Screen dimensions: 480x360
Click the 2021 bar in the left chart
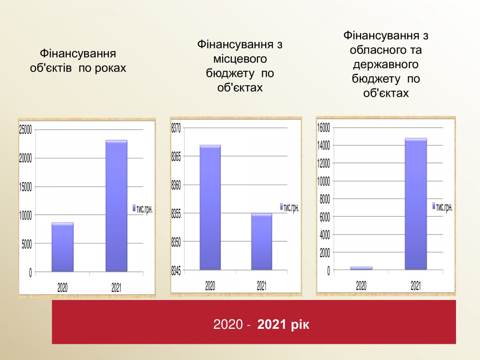tap(116, 206)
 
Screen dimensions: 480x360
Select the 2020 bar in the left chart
tap(62, 247)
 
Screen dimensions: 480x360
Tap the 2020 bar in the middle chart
tap(210, 207)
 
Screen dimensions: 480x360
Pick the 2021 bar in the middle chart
tap(262, 241)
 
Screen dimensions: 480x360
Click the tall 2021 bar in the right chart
tap(416, 204)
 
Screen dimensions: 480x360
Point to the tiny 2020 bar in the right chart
tap(361, 268)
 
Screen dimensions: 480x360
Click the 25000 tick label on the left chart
tap(26, 130)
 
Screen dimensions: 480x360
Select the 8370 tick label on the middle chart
tap(176, 128)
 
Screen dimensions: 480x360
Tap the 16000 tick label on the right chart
tap(324, 128)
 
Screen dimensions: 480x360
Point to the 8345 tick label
tap(176, 271)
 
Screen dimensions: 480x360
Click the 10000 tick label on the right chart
tap(324, 181)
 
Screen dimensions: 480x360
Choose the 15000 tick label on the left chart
tap(26, 187)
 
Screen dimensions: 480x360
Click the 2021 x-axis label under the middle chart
tap(262, 286)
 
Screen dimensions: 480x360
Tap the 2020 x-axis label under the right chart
tap(361, 286)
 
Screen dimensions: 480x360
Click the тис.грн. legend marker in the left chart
tap(134, 208)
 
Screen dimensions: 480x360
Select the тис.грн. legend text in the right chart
tap(444, 208)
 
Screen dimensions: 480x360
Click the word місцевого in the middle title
tap(240, 59)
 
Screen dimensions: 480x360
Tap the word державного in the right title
tap(386, 64)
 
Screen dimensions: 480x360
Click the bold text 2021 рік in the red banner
tap(283, 324)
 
